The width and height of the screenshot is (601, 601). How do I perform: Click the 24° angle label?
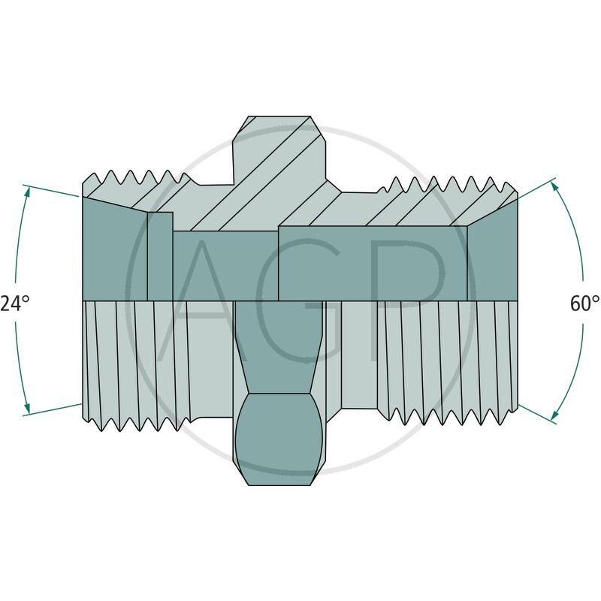[x=14, y=304]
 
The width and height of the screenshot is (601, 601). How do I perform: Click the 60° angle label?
[x=585, y=304]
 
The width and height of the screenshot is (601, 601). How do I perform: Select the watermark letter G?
[x=300, y=300]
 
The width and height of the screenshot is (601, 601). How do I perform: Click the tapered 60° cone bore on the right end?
[x=492, y=255]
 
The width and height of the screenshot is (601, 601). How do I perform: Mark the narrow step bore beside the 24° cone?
[x=159, y=255]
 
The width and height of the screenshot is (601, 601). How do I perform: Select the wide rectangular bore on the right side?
[x=372, y=263]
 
